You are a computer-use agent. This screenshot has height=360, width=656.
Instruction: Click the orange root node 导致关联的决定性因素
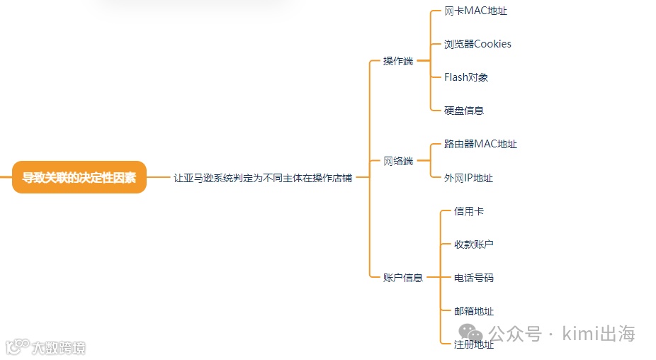pyautogui.click(x=79, y=177)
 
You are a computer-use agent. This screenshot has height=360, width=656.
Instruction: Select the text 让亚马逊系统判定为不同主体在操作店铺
pyautogui.click(x=263, y=178)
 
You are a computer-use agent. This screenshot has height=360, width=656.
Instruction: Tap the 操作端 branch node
pyautogui.click(x=398, y=61)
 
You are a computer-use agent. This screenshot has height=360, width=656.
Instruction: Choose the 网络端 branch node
pyautogui.click(x=398, y=161)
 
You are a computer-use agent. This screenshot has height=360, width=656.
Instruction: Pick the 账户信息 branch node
pyautogui.click(x=403, y=278)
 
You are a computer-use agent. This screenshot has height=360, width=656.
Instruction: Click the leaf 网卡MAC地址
pyautogui.click(x=475, y=11)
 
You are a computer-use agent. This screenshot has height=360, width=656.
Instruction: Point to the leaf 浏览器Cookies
pyautogui.click(x=477, y=44)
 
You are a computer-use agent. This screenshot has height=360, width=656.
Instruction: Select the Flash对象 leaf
pyautogui.click(x=466, y=77)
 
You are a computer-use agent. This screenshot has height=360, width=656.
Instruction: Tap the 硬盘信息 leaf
pyautogui.click(x=464, y=111)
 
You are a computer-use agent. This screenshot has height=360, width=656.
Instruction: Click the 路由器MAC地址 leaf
pyautogui.click(x=480, y=144)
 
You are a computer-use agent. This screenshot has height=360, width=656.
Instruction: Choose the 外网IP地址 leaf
pyautogui.click(x=468, y=178)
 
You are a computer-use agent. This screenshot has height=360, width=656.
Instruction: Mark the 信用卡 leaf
pyautogui.click(x=469, y=211)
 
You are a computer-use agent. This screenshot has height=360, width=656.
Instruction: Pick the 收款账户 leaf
pyautogui.click(x=474, y=244)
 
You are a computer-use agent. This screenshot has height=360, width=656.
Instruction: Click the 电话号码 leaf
pyautogui.click(x=474, y=278)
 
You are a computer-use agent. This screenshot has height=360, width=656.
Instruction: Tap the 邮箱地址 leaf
pyautogui.click(x=474, y=311)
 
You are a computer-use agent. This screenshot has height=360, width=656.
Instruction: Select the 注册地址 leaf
pyautogui.click(x=474, y=344)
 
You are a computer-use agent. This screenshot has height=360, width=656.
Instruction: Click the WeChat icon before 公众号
pyautogui.click(x=471, y=332)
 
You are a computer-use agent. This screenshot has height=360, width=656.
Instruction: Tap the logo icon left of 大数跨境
pyautogui.click(x=17, y=347)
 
